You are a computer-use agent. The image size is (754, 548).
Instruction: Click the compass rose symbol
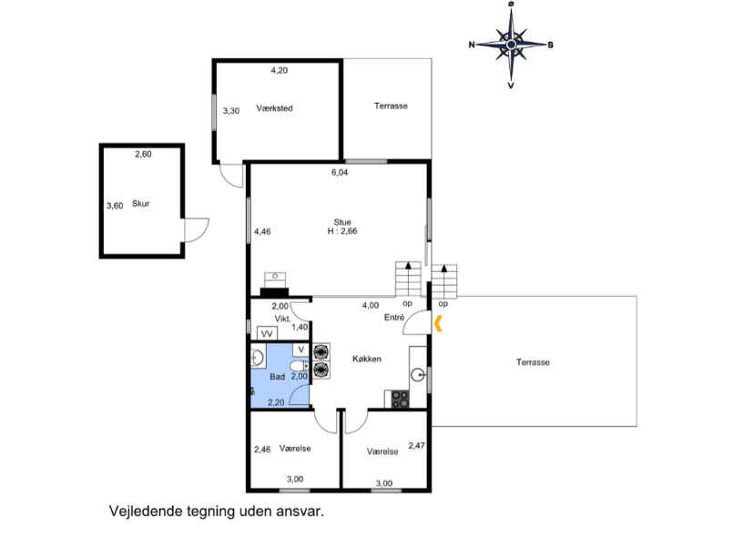511,45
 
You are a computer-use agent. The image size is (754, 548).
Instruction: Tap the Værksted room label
275,108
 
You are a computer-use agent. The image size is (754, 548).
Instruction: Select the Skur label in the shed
141,203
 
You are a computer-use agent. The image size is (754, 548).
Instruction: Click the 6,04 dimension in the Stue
340,172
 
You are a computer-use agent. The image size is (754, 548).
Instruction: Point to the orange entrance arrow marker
438,323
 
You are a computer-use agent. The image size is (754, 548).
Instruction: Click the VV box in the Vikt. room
267,333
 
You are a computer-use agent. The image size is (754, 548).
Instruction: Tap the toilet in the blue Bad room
299,366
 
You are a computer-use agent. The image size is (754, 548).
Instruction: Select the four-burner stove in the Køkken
400,399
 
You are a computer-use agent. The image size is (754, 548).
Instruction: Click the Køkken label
367,359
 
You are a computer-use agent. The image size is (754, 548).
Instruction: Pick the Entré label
394,318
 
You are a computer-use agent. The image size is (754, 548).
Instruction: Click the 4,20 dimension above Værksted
280,70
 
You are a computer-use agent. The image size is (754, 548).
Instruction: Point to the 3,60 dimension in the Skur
115,205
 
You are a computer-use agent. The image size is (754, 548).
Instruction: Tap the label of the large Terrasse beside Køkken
533,362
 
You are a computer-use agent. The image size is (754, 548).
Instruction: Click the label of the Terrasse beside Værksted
391,106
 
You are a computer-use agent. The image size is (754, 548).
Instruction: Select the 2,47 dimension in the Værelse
416,446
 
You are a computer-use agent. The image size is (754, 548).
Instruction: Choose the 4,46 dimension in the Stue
262,231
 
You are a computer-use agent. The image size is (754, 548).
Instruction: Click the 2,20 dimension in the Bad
276,403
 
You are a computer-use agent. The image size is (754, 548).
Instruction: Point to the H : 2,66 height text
342,230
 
